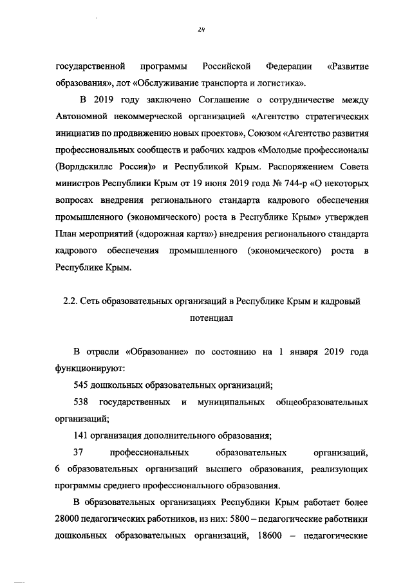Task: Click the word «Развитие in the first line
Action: pos(348,66)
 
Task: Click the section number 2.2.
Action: pos(66,301)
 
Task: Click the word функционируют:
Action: pos(90,368)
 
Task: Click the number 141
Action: pos(82,435)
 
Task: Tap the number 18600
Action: pos(263,535)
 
